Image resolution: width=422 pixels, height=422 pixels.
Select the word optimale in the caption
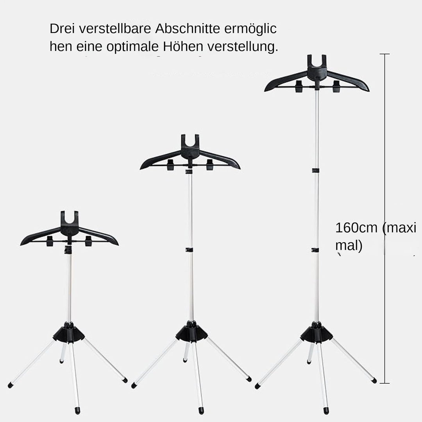pyautogui.click(x=132, y=46)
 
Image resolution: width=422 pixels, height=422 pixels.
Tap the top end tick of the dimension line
pyautogui.click(x=384, y=54)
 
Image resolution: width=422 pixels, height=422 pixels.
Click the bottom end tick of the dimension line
pyautogui.click(x=384, y=383)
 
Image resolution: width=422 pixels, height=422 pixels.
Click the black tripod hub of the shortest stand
pyautogui.click(x=69, y=333)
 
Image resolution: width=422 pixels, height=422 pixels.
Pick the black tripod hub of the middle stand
pyautogui.click(x=191, y=332)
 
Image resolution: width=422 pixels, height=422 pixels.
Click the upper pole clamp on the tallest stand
pyautogui.click(x=316, y=170)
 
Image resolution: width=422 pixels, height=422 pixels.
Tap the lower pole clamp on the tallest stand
pyautogui.click(x=315, y=250)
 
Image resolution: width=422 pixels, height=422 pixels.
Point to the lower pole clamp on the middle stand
pyautogui.click(x=190, y=250)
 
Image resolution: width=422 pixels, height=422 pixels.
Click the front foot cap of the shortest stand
pyautogui.click(x=77, y=411)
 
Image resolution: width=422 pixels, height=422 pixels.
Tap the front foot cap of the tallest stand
pyautogui.click(x=326, y=411)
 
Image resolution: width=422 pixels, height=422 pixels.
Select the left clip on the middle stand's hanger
pyautogui.click(x=170, y=165)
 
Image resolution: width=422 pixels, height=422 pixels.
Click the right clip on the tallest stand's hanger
pyautogui.click(x=336, y=86)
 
